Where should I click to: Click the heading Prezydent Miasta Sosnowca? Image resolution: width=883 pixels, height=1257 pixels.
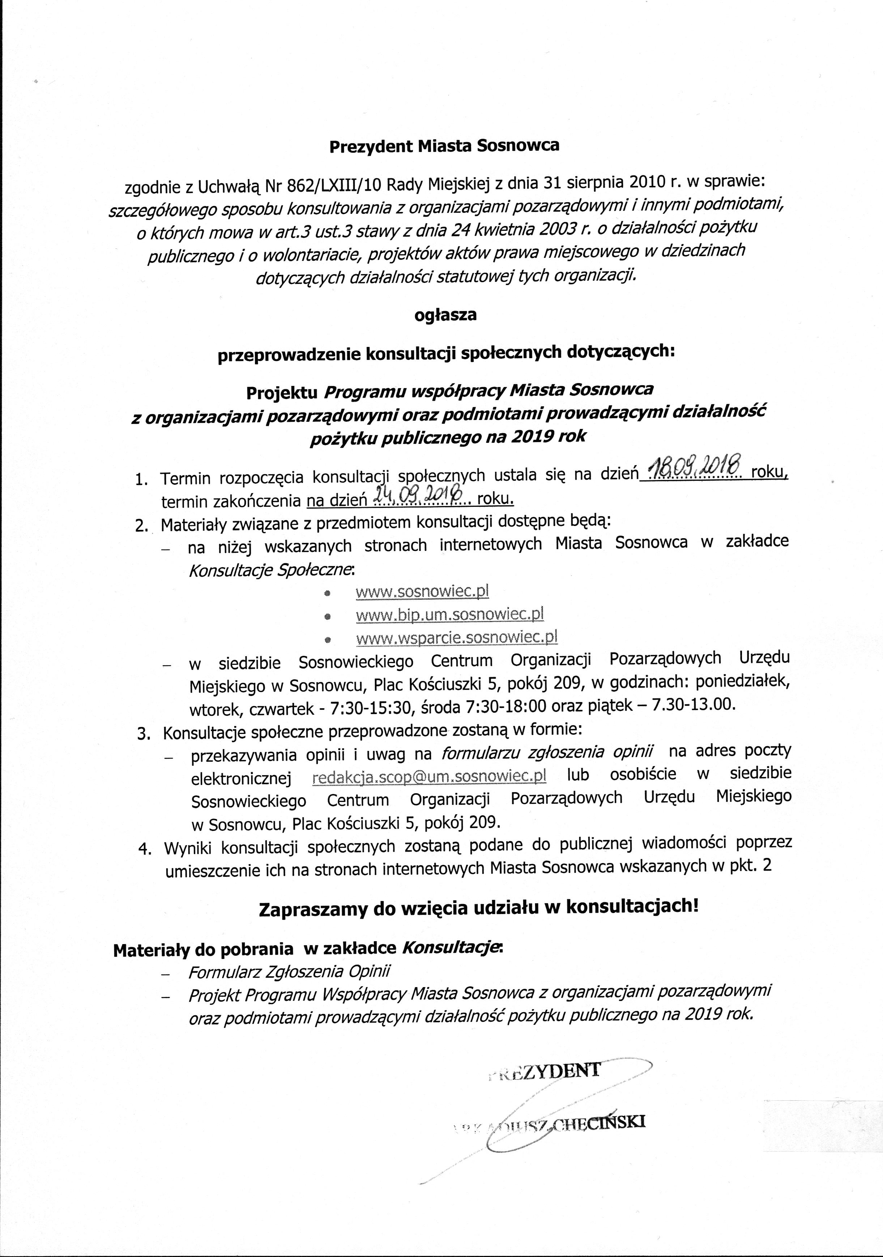[444, 146]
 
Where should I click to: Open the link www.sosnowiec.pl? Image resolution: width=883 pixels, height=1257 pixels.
[422, 591]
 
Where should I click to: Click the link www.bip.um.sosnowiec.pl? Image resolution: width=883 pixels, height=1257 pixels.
[449, 615]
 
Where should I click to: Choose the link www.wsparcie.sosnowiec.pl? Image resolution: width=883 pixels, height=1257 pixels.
[457, 638]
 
